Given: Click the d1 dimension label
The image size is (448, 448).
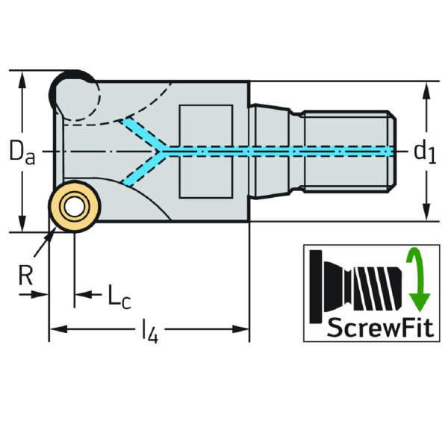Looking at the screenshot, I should pos(425,152).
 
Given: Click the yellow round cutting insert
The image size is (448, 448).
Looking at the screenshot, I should pos(74,207).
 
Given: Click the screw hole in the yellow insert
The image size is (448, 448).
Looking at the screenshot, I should pos(74,207).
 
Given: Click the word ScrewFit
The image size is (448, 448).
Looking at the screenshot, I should pos(372,326).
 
